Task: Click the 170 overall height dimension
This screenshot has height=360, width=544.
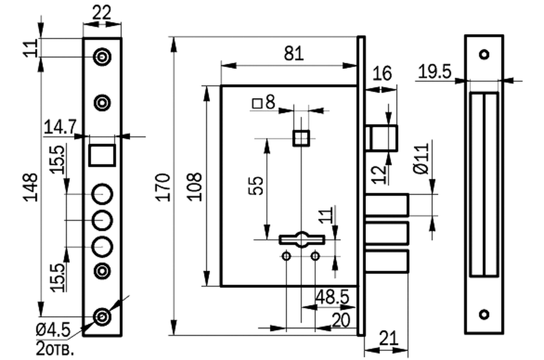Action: (163, 188)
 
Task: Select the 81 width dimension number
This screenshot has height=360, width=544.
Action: (294, 54)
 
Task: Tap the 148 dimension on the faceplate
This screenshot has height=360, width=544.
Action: (31, 188)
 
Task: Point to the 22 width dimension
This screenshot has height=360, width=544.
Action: (102, 13)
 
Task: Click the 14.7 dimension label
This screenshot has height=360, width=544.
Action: (60, 127)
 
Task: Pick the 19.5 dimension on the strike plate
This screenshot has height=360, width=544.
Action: (435, 72)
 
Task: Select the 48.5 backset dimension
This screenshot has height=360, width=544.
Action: (332, 297)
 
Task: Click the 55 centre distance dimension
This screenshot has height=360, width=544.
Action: (256, 186)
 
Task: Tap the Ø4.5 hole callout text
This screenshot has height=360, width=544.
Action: (53, 330)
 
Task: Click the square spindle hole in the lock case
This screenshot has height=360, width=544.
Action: (301, 138)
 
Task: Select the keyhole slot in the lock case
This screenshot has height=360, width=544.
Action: (302, 240)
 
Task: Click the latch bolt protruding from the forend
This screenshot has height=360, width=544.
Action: (382, 138)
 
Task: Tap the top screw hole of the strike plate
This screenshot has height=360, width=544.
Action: (484, 54)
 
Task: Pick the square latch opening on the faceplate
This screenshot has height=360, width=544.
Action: (102, 156)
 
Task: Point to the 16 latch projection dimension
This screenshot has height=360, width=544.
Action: (382, 73)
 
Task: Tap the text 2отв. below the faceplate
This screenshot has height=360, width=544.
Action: (55, 350)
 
